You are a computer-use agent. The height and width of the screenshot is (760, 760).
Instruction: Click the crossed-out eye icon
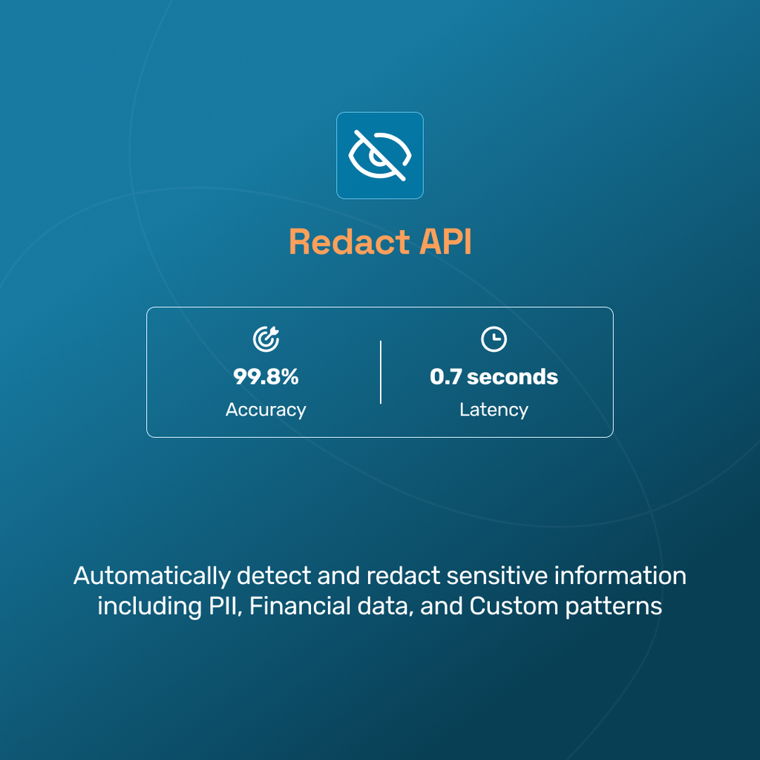(380, 156)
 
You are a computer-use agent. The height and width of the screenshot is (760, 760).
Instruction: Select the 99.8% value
(266, 377)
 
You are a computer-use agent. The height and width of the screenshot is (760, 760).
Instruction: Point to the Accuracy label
(266, 410)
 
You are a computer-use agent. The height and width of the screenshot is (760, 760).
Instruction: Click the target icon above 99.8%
(266, 340)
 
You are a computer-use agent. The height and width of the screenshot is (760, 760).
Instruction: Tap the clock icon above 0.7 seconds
(494, 340)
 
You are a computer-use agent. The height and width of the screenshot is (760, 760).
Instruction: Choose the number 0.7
(446, 377)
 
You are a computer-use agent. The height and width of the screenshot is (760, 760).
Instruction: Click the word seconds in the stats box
(513, 377)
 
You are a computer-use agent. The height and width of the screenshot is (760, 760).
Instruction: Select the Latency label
(494, 410)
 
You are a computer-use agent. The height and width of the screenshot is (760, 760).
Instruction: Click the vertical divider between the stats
(381, 373)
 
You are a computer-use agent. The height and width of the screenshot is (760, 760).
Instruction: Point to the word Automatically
(152, 576)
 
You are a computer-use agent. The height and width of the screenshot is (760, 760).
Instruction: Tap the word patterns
(614, 606)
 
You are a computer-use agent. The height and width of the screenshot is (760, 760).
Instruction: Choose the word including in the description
(146, 606)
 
